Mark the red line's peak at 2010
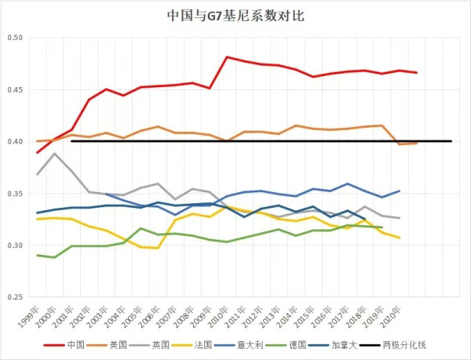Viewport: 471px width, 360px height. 227,57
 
